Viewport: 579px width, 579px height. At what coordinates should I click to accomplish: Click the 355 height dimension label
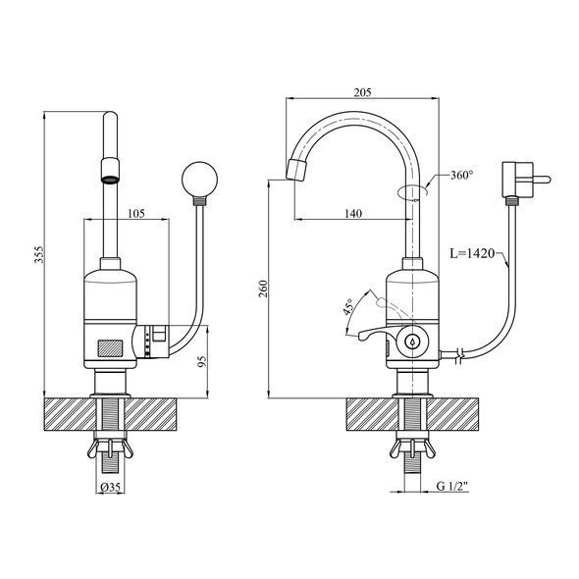coord(39,254)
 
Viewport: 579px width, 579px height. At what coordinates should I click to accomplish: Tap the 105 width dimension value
coord(136,213)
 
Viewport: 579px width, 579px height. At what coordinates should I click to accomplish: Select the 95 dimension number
coord(201,361)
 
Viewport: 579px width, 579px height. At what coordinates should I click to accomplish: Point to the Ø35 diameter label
coord(110,488)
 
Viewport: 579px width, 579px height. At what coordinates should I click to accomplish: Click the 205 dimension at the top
coord(363,92)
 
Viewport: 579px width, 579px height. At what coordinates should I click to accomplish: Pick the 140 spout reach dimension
coord(353,213)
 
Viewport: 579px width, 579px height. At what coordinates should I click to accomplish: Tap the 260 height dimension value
coord(263,289)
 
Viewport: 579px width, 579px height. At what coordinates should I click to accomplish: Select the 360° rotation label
coord(461,175)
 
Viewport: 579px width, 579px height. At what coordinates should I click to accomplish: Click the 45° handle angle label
coord(348,306)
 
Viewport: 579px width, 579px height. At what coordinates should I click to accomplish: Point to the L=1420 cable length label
coord(472,253)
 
